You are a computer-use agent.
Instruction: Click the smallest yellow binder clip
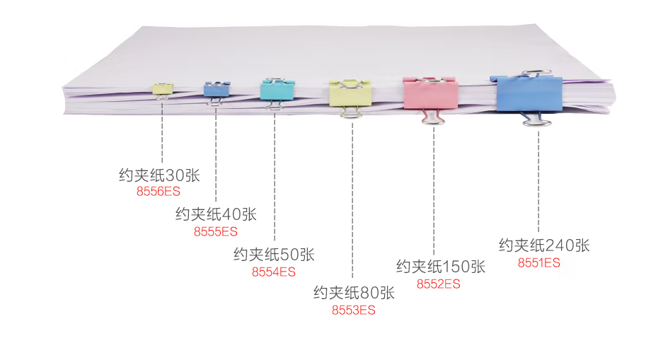(x=162, y=88)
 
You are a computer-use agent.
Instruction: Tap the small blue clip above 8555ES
(x=217, y=90)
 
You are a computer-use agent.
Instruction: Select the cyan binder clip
(x=277, y=90)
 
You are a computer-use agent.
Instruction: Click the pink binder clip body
(x=430, y=93)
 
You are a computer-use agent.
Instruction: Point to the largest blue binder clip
(x=527, y=93)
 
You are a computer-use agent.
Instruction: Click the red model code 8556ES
(x=158, y=192)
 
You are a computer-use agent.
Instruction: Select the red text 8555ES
(x=216, y=231)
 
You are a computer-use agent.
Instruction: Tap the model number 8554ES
(x=274, y=272)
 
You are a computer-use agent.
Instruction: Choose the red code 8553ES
(x=354, y=310)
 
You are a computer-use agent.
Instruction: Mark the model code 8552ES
(x=439, y=284)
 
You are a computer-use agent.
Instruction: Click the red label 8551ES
(x=539, y=263)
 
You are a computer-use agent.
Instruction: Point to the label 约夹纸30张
(x=159, y=175)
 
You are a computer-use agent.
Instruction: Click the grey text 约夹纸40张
(x=216, y=214)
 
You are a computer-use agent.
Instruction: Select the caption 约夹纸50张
(x=274, y=255)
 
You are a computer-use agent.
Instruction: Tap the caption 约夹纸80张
(x=354, y=292)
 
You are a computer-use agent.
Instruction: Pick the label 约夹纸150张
(x=441, y=266)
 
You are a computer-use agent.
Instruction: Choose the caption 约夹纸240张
(x=544, y=245)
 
